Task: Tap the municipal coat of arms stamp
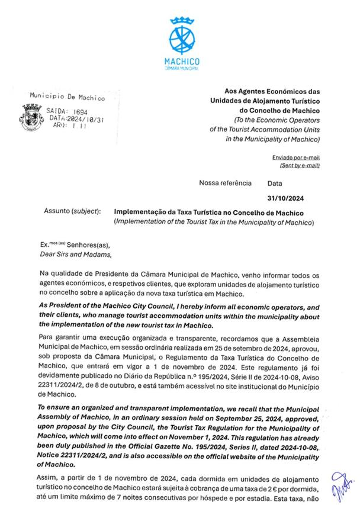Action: point(31,112)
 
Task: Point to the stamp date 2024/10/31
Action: point(83,118)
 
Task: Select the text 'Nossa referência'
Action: point(225,184)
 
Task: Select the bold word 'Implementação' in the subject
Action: point(141,212)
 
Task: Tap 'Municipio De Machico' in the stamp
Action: point(67,97)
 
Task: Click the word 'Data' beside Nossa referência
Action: point(275,184)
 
